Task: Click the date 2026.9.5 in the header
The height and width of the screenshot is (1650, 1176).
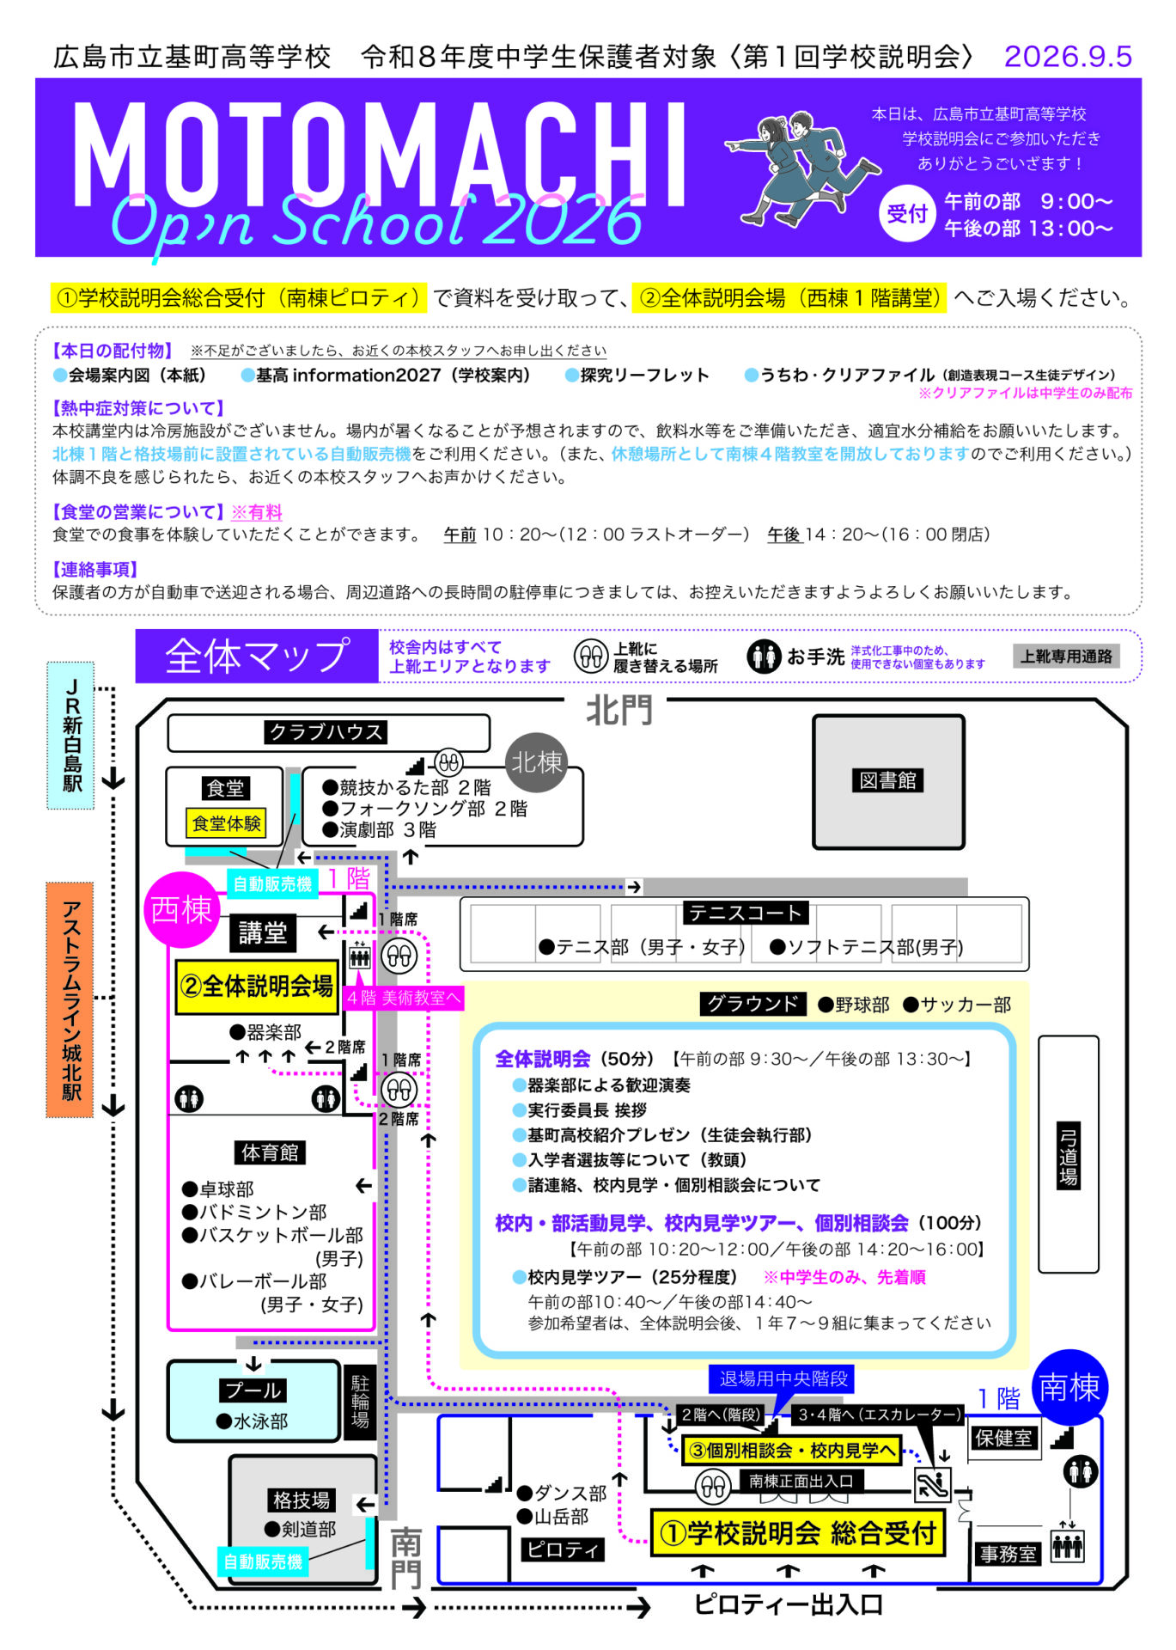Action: tap(1068, 57)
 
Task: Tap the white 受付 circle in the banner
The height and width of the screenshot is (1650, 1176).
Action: tap(907, 213)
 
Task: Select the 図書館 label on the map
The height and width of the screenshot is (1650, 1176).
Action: tap(887, 780)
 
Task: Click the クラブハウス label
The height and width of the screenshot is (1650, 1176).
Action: tap(326, 732)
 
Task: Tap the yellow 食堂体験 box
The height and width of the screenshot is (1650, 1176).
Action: tap(226, 823)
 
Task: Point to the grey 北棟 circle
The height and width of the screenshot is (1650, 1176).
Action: tap(536, 762)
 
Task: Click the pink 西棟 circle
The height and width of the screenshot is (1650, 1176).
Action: tap(181, 909)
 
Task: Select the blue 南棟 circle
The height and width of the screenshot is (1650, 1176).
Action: tap(1069, 1387)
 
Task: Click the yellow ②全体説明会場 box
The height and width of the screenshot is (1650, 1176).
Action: tap(257, 987)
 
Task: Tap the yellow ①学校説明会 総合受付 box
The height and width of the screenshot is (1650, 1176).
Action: tap(797, 1532)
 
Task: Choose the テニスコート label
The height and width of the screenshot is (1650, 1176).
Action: tap(745, 913)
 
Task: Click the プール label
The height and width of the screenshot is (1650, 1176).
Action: tap(253, 1390)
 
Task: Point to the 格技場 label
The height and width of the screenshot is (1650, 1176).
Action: tap(301, 1500)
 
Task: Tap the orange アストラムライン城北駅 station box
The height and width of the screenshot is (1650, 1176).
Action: tap(70, 999)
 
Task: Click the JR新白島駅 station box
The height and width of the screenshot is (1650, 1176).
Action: tap(70, 736)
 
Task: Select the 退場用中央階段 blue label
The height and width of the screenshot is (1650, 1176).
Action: tap(783, 1378)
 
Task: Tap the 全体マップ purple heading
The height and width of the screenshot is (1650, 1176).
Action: tap(257, 656)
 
